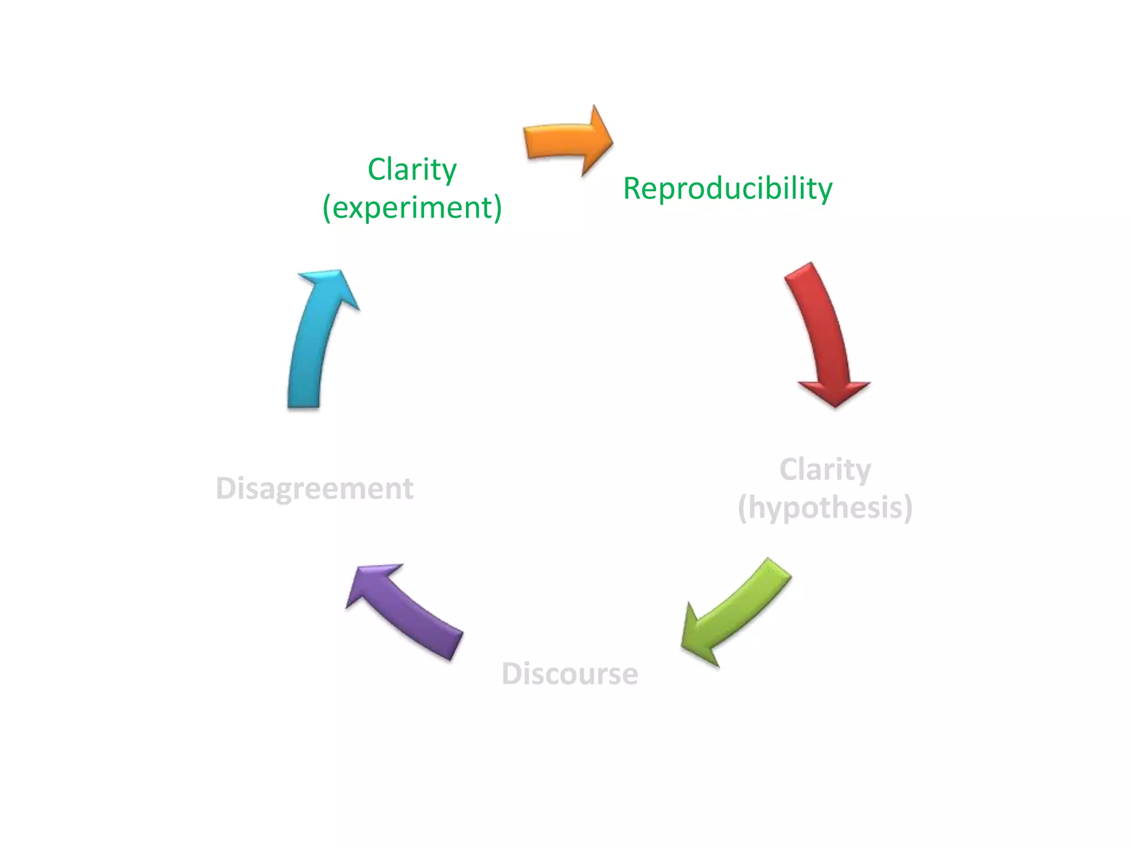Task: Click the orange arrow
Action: coord(563,141)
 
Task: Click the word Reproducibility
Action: coord(727,189)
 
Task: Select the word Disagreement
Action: coord(314,489)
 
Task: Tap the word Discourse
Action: coord(569,674)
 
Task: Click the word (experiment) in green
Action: coord(412,208)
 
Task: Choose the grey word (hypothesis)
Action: coord(825,508)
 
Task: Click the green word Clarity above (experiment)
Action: coord(412,169)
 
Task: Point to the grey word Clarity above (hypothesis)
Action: coord(825,470)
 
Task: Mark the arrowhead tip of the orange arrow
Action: coord(611,141)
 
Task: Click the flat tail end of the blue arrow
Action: coord(304,406)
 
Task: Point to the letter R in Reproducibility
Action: coord(633,189)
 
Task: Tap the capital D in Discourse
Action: coord(511,674)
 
